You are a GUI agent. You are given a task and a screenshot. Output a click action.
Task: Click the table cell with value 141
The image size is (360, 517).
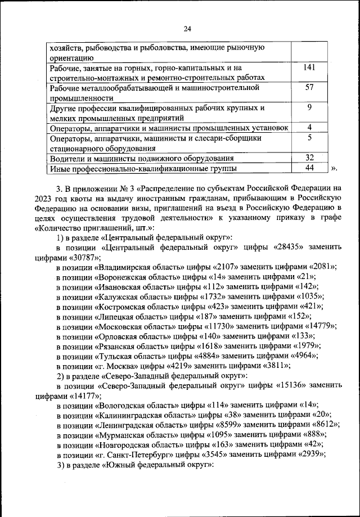[309, 68]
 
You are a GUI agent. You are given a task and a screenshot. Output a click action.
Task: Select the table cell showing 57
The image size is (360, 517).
[309, 87]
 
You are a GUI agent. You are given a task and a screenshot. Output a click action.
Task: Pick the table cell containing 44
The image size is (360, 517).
[309, 167]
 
